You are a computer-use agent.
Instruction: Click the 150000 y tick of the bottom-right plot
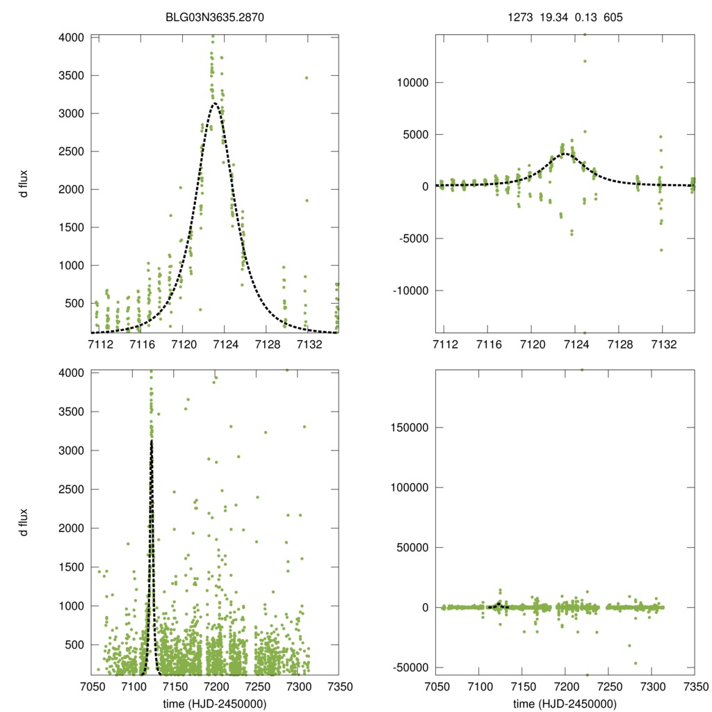(x=409, y=427)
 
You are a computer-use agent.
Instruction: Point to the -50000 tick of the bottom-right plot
(x=411, y=667)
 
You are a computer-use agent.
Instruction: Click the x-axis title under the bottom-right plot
(x=565, y=704)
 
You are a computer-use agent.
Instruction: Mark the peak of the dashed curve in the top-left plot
(x=215, y=104)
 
